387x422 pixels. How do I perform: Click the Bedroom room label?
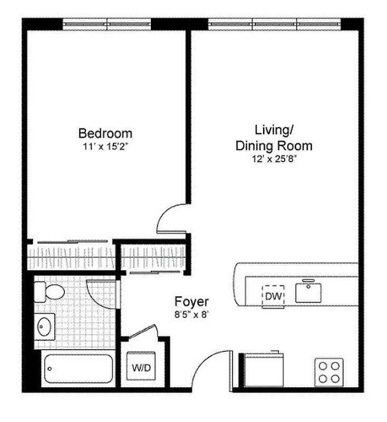tap(105, 133)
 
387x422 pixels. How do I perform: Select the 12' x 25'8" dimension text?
tap(274, 159)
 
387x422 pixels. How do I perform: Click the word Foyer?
tap(192, 302)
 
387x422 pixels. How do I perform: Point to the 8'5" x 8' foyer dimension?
tap(192, 314)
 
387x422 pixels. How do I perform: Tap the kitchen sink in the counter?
tap(308, 292)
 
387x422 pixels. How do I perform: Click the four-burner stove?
tap(329, 371)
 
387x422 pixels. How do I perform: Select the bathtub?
tap(78, 369)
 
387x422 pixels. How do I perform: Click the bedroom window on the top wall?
tap(107, 24)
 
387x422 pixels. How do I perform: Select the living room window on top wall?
tap(274, 24)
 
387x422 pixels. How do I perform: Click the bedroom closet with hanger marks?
tap(71, 257)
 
